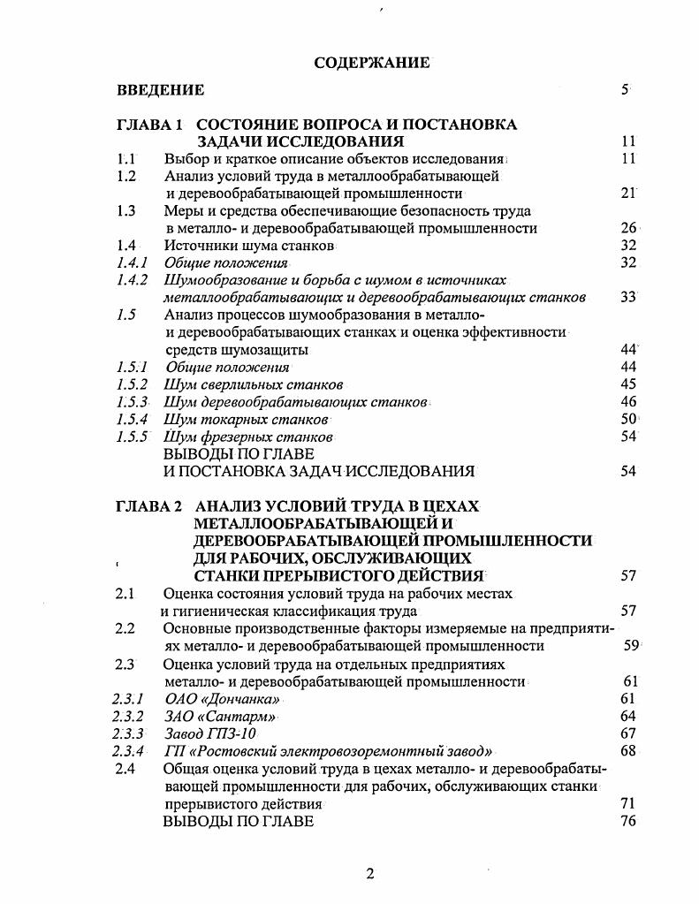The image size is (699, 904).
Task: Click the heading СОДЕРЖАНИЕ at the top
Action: click(371, 63)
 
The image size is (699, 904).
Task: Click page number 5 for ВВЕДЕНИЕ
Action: click(625, 89)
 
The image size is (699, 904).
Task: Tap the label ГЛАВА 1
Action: click(148, 125)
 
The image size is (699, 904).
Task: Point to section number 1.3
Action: click(126, 211)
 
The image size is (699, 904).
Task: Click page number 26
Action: click(628, 228)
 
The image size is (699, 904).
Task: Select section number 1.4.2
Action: click(132, 280)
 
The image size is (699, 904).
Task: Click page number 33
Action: click(628, 297)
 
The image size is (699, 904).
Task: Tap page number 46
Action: click(628, 401)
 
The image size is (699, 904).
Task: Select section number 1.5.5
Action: click(133, 437)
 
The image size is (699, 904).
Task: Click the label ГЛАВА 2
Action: click(148, 506)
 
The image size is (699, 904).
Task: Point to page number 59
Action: click(631, 646)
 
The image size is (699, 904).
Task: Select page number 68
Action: click(628, 751)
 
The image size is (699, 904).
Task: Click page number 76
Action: click(628, 821)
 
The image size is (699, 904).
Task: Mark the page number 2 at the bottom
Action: click(370, 875)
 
